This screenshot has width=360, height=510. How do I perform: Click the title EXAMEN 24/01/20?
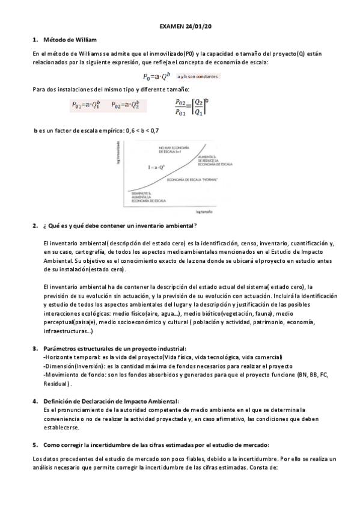click(180, 28)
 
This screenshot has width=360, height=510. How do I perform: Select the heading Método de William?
click(66, 40)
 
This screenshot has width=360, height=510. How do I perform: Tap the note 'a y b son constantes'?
click(198, 76)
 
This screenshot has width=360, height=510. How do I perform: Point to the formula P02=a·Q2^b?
click(126, 105)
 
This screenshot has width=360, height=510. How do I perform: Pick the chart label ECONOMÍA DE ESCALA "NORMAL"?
click(192, 179)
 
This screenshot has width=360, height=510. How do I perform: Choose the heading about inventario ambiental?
click(120, 226)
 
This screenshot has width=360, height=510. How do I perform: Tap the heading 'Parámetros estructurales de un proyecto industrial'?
click(115, 349)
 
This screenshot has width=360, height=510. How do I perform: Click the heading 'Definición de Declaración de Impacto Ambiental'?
click(111, 401)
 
